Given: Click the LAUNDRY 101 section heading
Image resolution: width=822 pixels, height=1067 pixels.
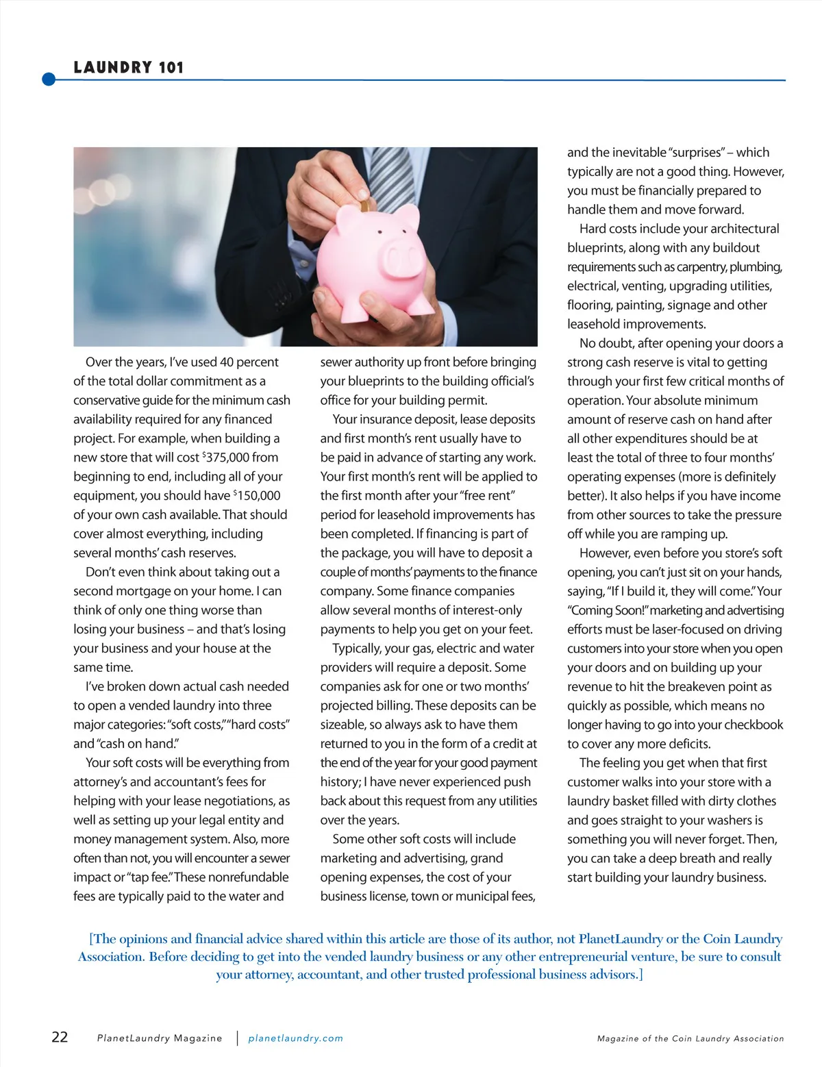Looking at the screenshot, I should pos(129,67).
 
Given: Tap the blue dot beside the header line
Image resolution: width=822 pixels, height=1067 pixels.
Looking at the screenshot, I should pos(49,79).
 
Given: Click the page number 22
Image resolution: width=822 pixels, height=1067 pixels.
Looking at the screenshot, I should pos(60,1037).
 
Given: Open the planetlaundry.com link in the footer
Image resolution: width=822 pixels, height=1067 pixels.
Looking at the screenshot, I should pos(295,1038).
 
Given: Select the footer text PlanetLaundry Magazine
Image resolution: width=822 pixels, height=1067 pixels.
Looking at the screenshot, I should pos(160,1038).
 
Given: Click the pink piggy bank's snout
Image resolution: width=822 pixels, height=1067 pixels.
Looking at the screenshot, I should pos(403,260).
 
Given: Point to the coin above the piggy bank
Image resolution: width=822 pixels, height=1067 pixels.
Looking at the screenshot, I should pos(366,203).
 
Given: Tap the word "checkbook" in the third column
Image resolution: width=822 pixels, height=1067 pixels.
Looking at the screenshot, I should pos(753,725).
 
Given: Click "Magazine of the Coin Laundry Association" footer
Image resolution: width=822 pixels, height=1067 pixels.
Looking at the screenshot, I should pos(690,1039).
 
